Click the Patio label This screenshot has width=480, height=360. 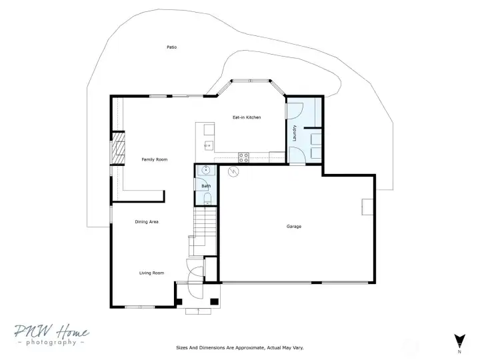pos(172,47)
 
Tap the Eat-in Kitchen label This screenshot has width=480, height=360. pos(247,117)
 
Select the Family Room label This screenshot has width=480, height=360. pos(155,159)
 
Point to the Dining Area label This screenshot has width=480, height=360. pos(147,221)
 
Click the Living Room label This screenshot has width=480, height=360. pos(151,273)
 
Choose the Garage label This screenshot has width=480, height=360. pos(294,227)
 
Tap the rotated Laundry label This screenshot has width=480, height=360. pos(295,133)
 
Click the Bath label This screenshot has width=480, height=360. pos(206,186)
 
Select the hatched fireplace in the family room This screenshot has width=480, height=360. pos(118,148)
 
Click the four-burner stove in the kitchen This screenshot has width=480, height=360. pos(244,157)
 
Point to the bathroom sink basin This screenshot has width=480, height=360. pos(206,170)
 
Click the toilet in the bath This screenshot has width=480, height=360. pos(207,199)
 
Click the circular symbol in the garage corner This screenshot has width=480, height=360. pos(233,172)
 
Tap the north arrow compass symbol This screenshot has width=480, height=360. pos(459,341)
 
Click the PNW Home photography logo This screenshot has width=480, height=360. pos(51,335)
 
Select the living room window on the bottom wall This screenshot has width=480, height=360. pos(139,307)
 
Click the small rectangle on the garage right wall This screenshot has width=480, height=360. pos(367,207)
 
